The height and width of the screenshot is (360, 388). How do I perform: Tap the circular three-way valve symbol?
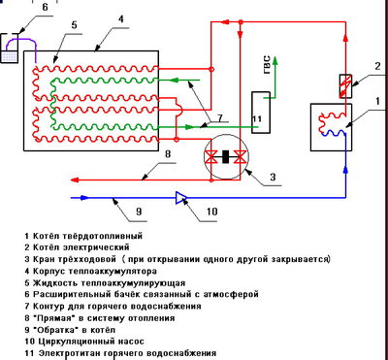(230, 155)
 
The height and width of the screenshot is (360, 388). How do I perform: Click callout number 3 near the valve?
(273, 176)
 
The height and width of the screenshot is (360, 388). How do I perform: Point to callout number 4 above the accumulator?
(119, 18)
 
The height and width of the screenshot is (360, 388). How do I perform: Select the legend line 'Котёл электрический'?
(73, 247)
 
